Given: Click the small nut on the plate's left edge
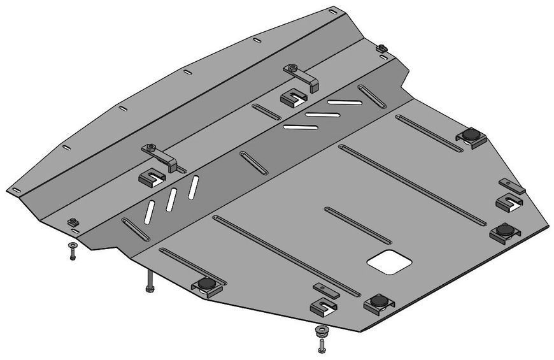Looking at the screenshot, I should pos(72,222).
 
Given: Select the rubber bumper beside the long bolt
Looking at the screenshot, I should pos(206,285).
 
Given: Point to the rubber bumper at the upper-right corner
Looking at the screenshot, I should pos(471,136).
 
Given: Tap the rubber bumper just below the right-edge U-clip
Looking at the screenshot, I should pos(505,230).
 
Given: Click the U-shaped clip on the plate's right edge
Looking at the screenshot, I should pos(509,201).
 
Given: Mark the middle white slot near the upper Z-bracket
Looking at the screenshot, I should pos(315,114).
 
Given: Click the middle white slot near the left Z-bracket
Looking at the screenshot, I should pos(171,199).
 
